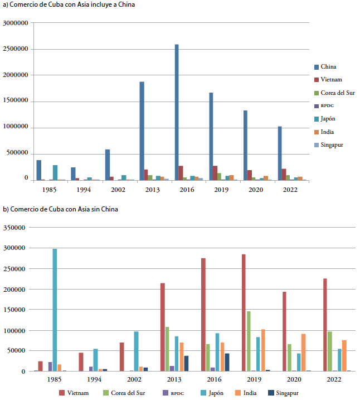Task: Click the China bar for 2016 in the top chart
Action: point(177,112)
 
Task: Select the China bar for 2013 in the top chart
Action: point(142,131)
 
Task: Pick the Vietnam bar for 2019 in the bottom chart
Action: point(243,312)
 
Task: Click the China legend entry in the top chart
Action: point(328,67)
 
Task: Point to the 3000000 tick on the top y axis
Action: point(16,23)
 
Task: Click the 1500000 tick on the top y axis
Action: point(16,102)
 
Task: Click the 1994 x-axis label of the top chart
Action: point(84,190)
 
